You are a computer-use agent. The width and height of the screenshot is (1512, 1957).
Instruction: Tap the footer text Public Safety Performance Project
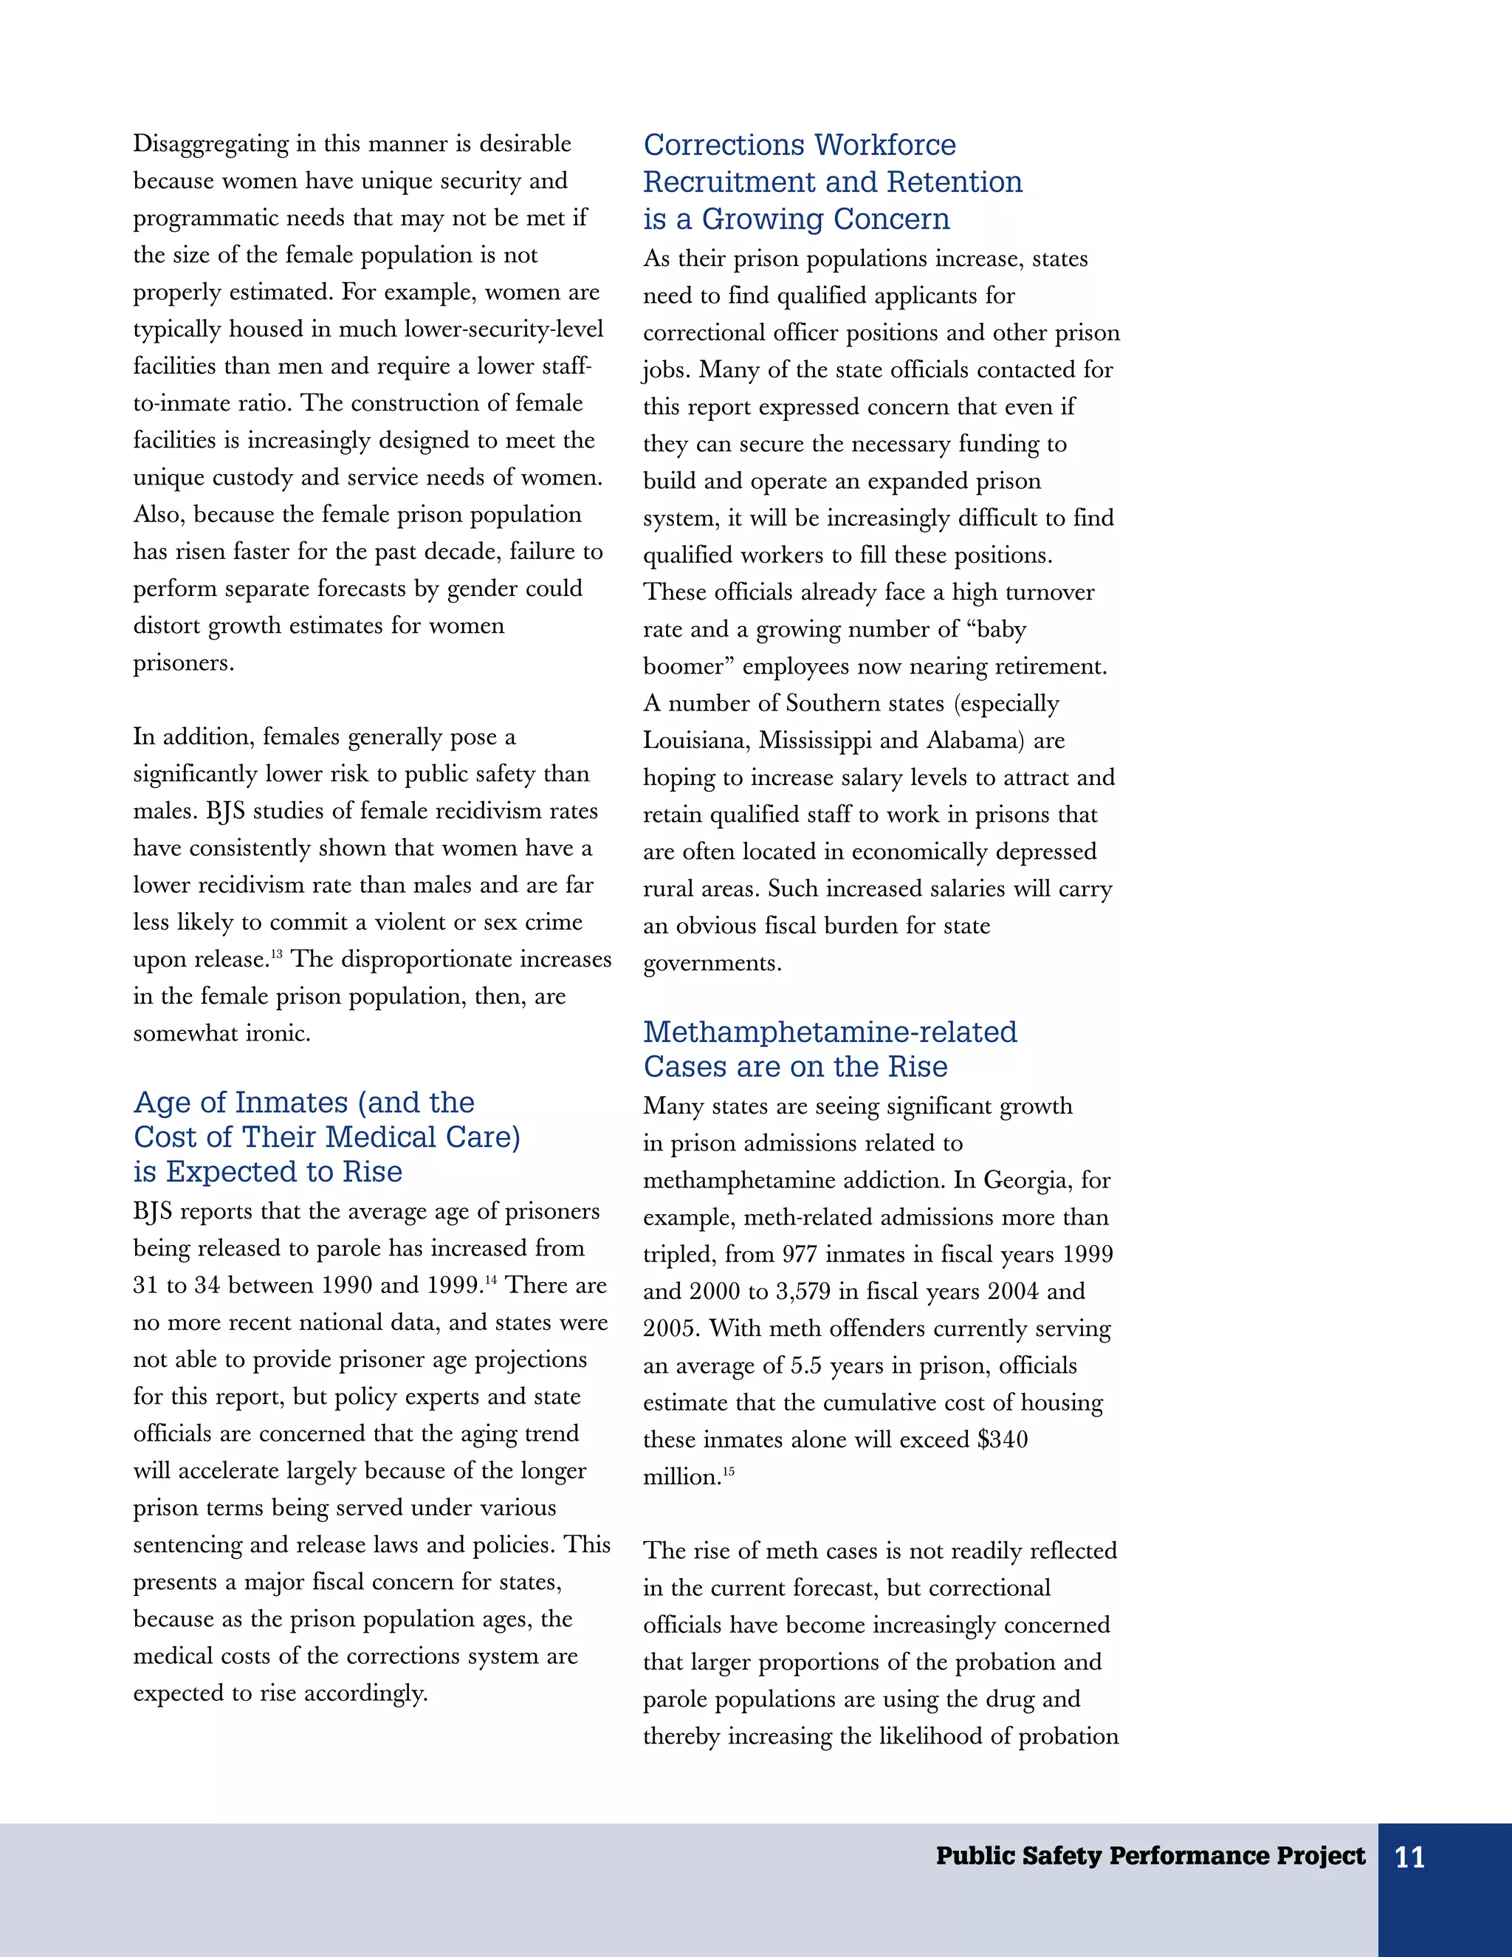click(x=1150, y=1856)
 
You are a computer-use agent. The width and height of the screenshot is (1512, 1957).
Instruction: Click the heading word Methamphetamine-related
click(x=829, y=1032)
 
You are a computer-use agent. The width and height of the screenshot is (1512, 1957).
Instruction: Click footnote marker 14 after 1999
click(x=490, y=1280)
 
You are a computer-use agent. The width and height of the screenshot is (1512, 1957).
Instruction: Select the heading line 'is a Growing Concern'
click(x=797, y=219)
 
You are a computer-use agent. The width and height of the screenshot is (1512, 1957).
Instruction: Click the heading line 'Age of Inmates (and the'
click(x=303, y=1103)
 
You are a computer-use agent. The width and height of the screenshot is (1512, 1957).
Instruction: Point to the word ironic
click(x=277, y=1034)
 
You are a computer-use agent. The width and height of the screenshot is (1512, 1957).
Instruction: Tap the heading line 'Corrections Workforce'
click(x=799, y=145)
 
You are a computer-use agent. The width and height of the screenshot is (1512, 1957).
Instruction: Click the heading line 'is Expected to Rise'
click(x=268, y=1172)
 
